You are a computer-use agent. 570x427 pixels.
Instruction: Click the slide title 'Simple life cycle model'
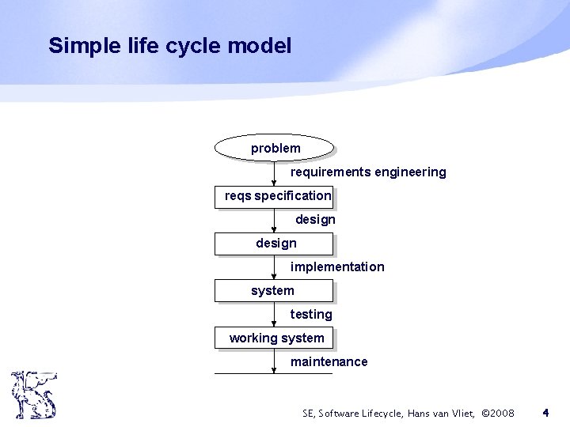click(169, 45)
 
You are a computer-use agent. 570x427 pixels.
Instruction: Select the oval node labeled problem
click(274, 148)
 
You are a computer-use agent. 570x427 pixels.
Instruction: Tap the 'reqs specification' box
click(274, 196)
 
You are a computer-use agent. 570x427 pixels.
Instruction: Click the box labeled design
click(274, 244)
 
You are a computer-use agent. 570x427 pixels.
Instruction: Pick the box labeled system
click(274, 291)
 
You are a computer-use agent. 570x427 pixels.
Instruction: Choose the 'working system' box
click(274, 338)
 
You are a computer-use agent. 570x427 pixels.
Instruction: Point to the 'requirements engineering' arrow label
click(368, 172)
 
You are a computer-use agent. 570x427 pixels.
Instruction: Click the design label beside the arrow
click(315, 219)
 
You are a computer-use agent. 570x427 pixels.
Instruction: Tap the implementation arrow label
click(337, 267)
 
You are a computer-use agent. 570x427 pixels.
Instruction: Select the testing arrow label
click(311, 315)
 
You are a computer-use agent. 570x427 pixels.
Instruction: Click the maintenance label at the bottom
click(329, 362)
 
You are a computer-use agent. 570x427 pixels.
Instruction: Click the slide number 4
click(545, 413)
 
